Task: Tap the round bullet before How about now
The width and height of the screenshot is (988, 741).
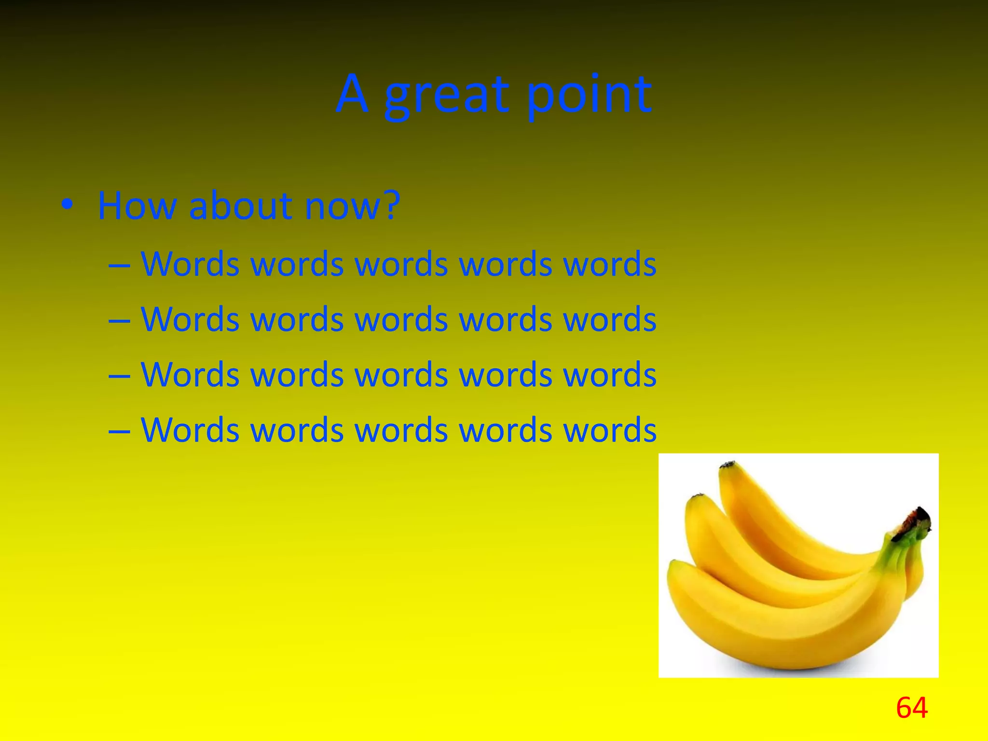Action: [68, 205]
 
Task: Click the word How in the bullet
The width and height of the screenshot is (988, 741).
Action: [137, 206]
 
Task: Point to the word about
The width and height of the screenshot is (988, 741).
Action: [241, 206]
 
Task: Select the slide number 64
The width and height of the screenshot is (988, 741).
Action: [911, 708]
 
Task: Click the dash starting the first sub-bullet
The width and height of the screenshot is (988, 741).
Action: [119, 265]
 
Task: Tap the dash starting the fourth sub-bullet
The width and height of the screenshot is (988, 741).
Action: [119, 431]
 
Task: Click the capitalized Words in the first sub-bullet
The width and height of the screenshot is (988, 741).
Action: [190, 264]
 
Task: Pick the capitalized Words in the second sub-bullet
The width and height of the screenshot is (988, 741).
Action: [190, 319]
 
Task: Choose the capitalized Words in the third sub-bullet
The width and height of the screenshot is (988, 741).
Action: [190, 375]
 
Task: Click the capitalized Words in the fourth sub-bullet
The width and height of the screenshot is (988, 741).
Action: [190, 430]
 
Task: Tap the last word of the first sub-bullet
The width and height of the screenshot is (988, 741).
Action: [610, 264]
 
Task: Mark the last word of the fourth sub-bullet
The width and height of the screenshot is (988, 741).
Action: [610, 430]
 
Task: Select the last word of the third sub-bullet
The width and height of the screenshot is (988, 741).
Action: [610, 375]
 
